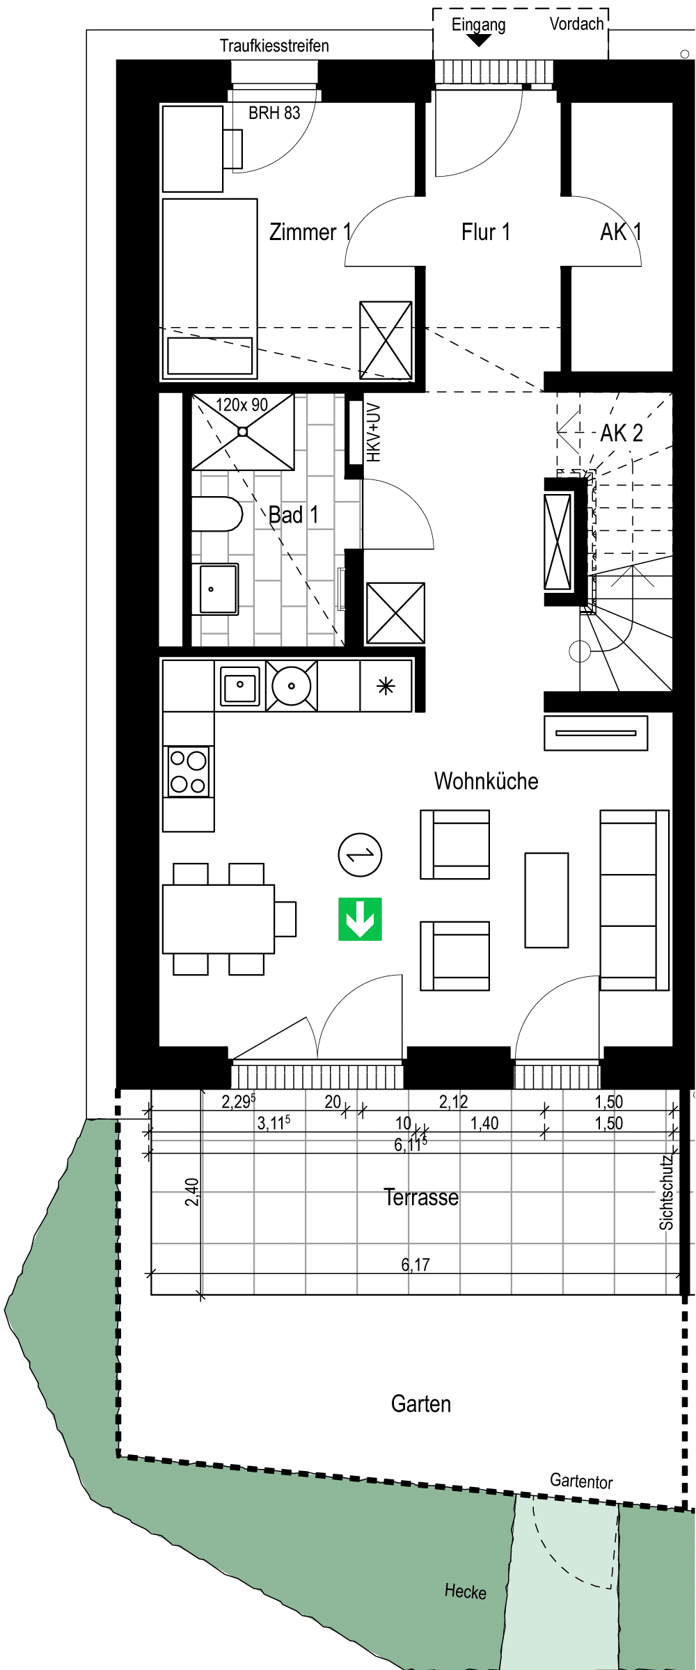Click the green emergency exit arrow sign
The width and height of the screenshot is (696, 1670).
[x=361, y=918]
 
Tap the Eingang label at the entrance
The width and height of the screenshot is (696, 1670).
[x=478, y=25]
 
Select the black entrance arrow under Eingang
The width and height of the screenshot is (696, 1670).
[x=478, y=41]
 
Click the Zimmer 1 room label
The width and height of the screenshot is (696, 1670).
[x=310, y=232]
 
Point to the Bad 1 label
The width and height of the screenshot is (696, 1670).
[x=294, y=515]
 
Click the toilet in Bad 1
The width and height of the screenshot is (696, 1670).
[x=216, y=514]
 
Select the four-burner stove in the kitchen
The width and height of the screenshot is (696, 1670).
[x=189, y=771]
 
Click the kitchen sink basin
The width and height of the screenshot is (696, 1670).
[x=240, y=685]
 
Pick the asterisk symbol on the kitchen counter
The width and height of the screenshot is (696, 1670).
[x=386, y=687]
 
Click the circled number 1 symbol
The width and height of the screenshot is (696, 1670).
[x=360, y=854]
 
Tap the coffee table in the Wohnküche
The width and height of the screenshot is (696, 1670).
[x=547, y=900]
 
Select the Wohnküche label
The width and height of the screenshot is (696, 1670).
[x=487, y=781]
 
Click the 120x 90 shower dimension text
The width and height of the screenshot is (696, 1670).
[x=242, y=405]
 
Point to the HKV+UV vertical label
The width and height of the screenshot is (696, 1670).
[x=374, y=433]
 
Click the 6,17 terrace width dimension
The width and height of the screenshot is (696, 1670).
[x=416, y=1264]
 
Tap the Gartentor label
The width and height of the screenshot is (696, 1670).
[x=581, y=1481]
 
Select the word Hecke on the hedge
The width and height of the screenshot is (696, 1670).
[x=466, y=1591]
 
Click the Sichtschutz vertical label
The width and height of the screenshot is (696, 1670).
[x=667, y=1192]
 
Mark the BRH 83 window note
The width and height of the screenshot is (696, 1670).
[x=274, y=113]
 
